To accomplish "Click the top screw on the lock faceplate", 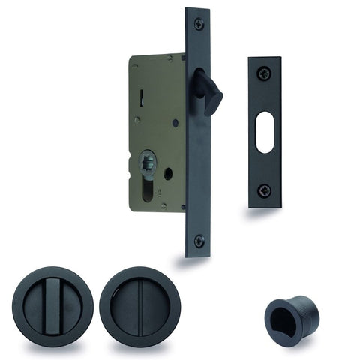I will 199,24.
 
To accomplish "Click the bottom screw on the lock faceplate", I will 199,241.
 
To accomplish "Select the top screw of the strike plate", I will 264,73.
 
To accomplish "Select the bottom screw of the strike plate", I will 264,190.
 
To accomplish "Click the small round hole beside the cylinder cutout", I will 168,173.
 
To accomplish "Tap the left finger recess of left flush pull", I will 32,307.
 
